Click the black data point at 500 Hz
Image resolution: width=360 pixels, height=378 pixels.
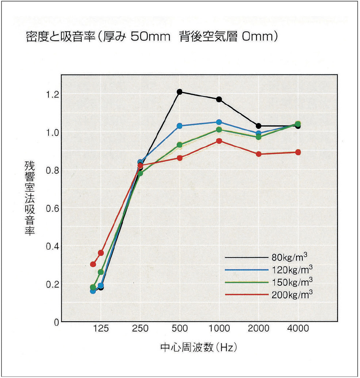click(x=180, y=92)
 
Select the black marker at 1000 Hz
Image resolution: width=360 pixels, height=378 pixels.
click(x=219, y=99)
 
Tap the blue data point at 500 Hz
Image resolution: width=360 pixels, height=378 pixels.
click(x=180, y=126)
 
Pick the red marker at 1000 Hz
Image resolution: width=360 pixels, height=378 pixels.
click(x=219, y=141)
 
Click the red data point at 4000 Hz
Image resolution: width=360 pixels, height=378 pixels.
click(x=298, y=152)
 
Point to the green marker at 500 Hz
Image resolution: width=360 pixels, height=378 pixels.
click(x=180, y=145)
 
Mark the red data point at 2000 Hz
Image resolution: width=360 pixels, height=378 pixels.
click(x=258, y=154)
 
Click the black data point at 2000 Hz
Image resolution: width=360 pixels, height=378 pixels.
click(x=258, y=126)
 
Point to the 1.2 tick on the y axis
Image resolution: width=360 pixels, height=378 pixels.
click(x=53, y=94)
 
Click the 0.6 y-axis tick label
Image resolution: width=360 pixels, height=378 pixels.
click(x=53, y=208)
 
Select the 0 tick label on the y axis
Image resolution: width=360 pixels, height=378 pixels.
click(x=56, y=322)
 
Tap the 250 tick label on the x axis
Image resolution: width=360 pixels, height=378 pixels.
click(x=140, y=329)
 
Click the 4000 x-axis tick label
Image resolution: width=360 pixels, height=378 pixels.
click(x=298, y=329)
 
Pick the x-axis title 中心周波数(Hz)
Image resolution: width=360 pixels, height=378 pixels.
click(x=196, y=347)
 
